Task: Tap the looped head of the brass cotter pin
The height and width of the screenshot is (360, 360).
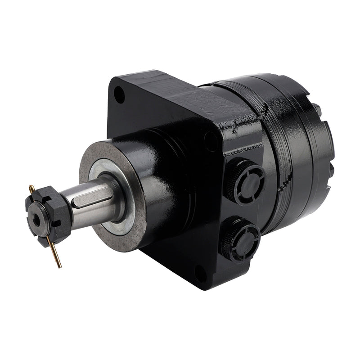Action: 31,187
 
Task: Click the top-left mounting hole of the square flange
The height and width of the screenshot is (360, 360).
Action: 119,95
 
